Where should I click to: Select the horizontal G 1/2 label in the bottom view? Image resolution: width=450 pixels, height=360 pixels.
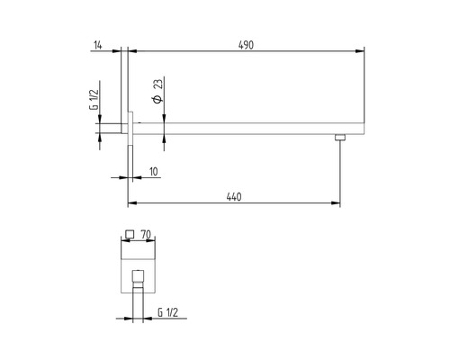coord(167,311)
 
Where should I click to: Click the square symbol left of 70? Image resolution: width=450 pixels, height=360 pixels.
coord(129,234)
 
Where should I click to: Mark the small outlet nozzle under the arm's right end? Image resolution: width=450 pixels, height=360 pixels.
coord(339,138)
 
